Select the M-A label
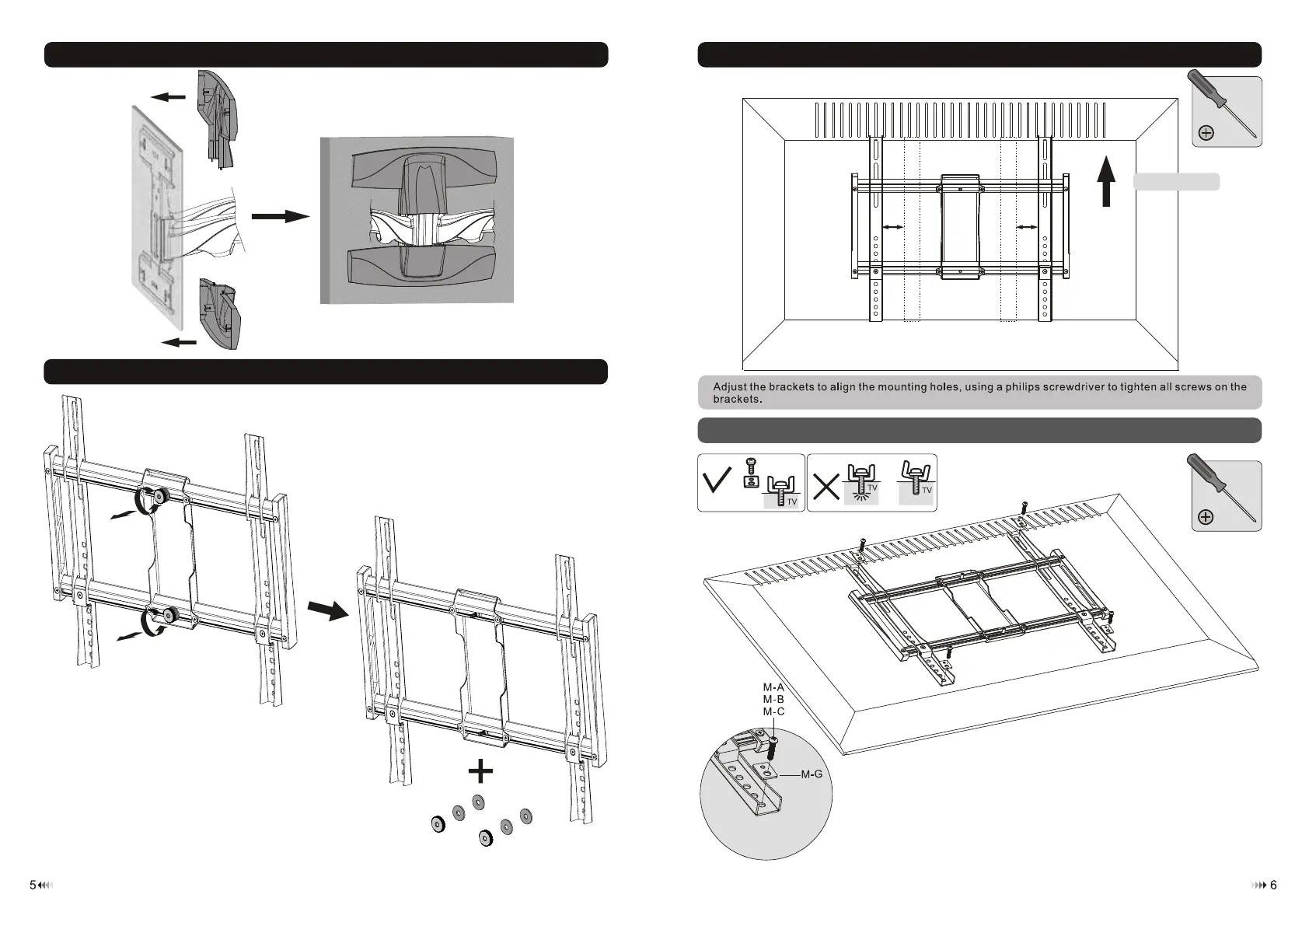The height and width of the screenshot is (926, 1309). click(773, 687)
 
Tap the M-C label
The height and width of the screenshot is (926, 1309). click(773, 711)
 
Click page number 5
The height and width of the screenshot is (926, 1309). click(33, 885)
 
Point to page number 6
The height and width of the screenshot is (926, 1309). click(1273, 885)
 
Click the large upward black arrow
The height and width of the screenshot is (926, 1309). click(1106, 181)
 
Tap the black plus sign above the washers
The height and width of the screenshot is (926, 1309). click(481, 771)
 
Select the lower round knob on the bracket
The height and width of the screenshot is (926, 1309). click(168, 617)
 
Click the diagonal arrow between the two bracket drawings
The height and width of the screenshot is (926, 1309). click(328, 610)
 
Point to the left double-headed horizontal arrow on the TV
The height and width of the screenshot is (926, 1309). click(893, 227)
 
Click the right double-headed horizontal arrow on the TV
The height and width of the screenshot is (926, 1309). click(1027, 227)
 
